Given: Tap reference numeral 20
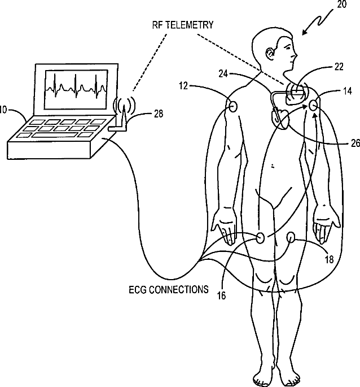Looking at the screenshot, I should [342, 6].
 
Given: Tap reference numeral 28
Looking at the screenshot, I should [159, 115].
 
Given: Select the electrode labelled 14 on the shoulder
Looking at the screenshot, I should [314, 105].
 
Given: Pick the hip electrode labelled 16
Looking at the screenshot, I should [260, 237].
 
